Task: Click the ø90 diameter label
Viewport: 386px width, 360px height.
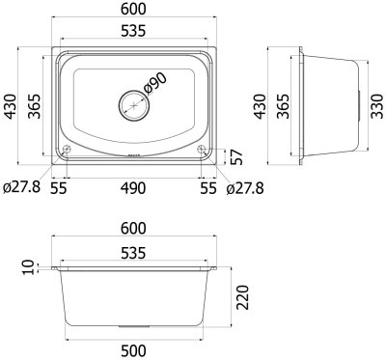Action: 154,83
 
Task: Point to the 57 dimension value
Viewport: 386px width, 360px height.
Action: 236,157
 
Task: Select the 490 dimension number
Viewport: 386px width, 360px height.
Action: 133,188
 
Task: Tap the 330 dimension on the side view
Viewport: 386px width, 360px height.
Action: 377,106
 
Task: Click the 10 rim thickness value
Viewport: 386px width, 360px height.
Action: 29,267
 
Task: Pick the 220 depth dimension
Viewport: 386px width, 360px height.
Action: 242,297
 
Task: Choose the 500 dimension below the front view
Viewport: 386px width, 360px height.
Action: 133,350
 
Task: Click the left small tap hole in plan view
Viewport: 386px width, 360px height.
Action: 67,150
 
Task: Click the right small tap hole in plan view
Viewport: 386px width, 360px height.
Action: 202,149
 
